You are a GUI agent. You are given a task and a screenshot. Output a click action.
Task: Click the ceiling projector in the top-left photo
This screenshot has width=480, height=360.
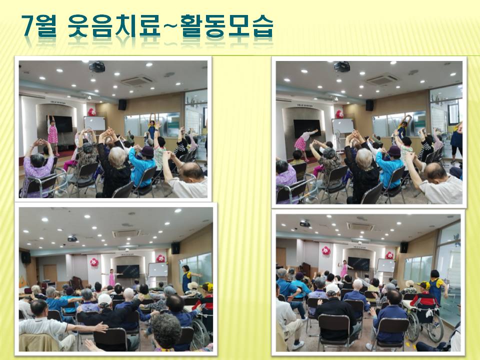[x=97, y=66]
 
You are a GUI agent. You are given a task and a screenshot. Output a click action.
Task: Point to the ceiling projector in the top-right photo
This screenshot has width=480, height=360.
[x=342, y=66]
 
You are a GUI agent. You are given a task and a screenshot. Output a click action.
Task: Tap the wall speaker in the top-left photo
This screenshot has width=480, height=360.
[x=122, y=104]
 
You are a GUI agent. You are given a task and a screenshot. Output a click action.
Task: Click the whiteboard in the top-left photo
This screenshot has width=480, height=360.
[x=95, y=123]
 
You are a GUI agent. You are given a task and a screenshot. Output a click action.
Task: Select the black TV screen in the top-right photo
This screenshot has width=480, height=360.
[x=307, y=128]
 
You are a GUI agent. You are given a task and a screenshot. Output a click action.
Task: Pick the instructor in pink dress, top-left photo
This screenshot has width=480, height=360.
[x=52, y=135]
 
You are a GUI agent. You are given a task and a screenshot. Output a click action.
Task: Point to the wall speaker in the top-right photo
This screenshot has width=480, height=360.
[x=369, y=105]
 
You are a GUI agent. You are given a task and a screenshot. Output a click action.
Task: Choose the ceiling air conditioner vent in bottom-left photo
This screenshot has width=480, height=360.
[x=126, y=233]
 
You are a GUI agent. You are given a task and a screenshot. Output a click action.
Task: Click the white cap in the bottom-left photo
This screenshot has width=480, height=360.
[x=104, y=299]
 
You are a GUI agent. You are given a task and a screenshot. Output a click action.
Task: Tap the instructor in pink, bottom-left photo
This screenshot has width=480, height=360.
[x=112, y=278]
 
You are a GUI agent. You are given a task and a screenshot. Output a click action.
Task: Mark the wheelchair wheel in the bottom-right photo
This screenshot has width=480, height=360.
[x=434, y=327]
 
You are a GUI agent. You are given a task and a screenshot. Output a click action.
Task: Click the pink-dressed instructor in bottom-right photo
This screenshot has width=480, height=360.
[x=344, y=268]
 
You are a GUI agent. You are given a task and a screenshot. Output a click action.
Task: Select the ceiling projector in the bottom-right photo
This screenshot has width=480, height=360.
[x=305, y=224]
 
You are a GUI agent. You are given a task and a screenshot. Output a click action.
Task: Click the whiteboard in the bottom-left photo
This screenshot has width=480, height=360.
[x=158, y=269]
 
